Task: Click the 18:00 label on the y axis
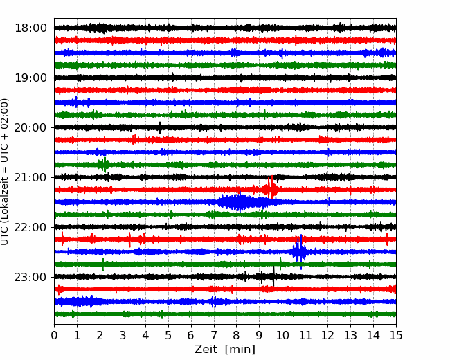pyautogui.click(x=30, y=28)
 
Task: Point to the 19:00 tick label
pyautogui.click(x=30, y=78)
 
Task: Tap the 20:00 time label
pyautogui.click(x=30, y=127)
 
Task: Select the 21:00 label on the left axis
pyautogui.click(x=30, y=177)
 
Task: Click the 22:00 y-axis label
pyautogui.click(x=30, y=227)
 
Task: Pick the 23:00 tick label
pyautogui.click(x=30, y=277)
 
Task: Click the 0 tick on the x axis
pyautogui.click(x=54, y=335)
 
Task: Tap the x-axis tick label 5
pyautogui.click(x=168, y=335)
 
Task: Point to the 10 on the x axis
pyautogui.click(x=282, y=335)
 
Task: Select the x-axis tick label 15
pyautogui.click(x=396, y=335)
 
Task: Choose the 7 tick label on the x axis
pyautogui.click(x=214, y=335)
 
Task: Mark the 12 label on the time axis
pyautogui.click(x=327, y=335)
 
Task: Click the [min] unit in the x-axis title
pyautogui.click(x=240, y=350)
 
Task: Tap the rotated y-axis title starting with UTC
pyautogui.click(x=5, y=172)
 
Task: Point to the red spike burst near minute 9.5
pyautogui.click(x=270, y=188)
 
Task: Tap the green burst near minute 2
pyautogui.click(x=104, y=165)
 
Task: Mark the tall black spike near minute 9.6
pyautogui.click(x=273, y=276)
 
